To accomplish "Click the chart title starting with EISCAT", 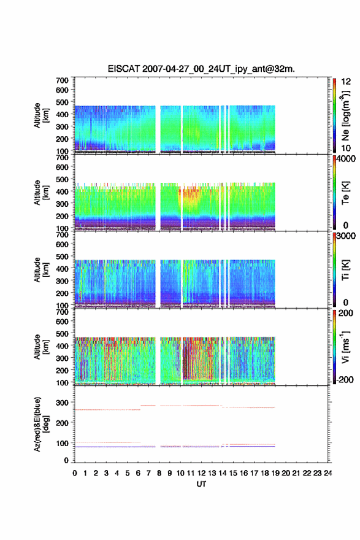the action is point(201,69).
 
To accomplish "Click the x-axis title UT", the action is point(201,484).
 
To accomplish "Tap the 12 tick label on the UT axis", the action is point(201,473).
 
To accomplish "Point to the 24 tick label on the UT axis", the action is point(327,473).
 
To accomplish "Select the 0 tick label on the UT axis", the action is point(75,473).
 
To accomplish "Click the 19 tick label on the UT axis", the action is point(275,473).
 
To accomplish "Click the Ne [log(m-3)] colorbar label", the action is point(346,116).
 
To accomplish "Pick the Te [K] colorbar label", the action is point(345,193).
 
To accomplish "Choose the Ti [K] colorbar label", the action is point(345,270).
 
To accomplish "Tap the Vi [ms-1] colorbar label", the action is point(345,347).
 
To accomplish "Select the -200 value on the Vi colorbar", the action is point(344,379).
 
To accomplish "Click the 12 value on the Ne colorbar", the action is point(346,82).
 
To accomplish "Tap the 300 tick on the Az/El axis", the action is point(63,403).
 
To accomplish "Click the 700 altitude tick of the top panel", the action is point(63,80).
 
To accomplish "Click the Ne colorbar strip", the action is point(334,116).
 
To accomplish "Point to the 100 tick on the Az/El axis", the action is point(63,443).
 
